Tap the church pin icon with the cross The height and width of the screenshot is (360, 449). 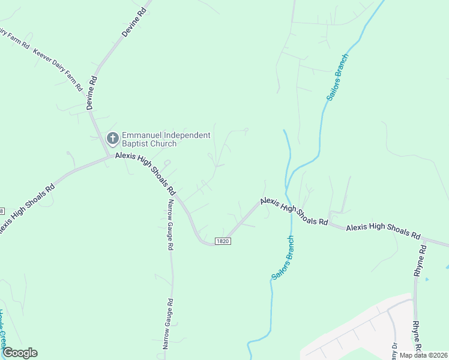(x=112, y=139)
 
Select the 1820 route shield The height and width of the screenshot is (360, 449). (x=223, y=241)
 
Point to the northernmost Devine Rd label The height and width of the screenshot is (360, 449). (x=134, y=23)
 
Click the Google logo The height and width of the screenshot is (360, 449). (x=19, y=353)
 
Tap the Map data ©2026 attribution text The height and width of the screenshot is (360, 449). (x=423, y=355)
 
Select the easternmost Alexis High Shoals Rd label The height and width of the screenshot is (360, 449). (x=384, y=230)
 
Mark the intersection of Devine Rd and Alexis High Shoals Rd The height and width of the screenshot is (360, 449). (x=109, y=156)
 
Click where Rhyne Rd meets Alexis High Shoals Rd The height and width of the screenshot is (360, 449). (x=424, y=240)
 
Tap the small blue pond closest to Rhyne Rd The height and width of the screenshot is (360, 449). (x=426, y=279)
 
